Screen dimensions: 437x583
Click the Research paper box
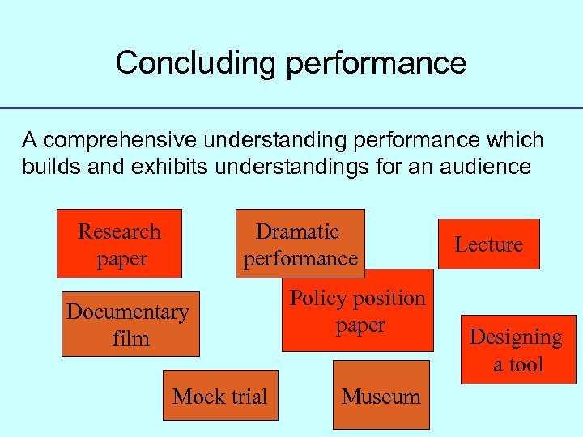[x=119, y=244]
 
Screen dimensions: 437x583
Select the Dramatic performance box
[x=300, y=244]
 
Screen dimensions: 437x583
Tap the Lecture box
[x=488, y=244]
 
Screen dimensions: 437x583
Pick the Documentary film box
[x=130, y=324]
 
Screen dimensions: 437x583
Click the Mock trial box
[x=220, y=396]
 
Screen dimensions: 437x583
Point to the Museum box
[x=381, y=396]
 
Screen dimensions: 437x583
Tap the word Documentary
[x=127, y=312]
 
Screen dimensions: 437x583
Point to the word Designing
[x=517, y=337]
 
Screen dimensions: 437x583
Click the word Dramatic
[x=297, y=231]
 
